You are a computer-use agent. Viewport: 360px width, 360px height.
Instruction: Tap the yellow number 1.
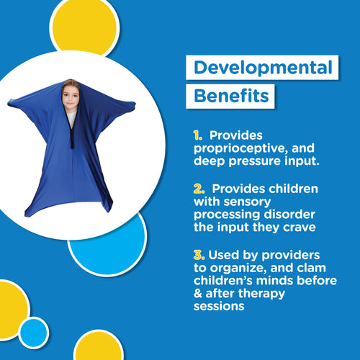(x=196, y=135)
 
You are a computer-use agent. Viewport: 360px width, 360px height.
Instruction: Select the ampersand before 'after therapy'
(x=197, y=294)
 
